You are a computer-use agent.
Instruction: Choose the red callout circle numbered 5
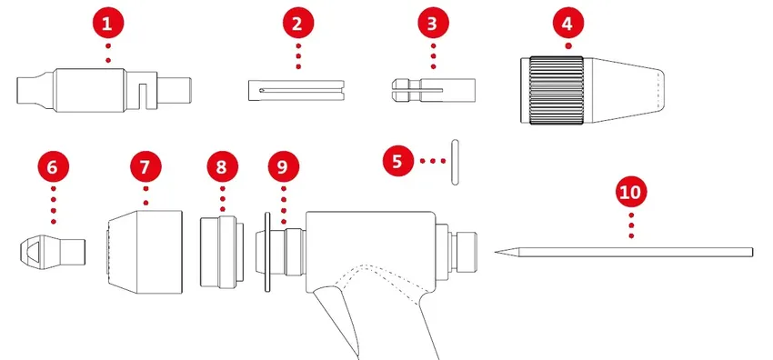397,161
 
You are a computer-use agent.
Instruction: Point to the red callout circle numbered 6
54,167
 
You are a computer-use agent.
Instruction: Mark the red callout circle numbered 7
145,167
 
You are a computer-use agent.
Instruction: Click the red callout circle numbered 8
222,167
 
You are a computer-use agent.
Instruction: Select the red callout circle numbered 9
282,167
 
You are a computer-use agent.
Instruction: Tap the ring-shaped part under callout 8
223,250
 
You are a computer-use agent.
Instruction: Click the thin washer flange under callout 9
266,251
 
